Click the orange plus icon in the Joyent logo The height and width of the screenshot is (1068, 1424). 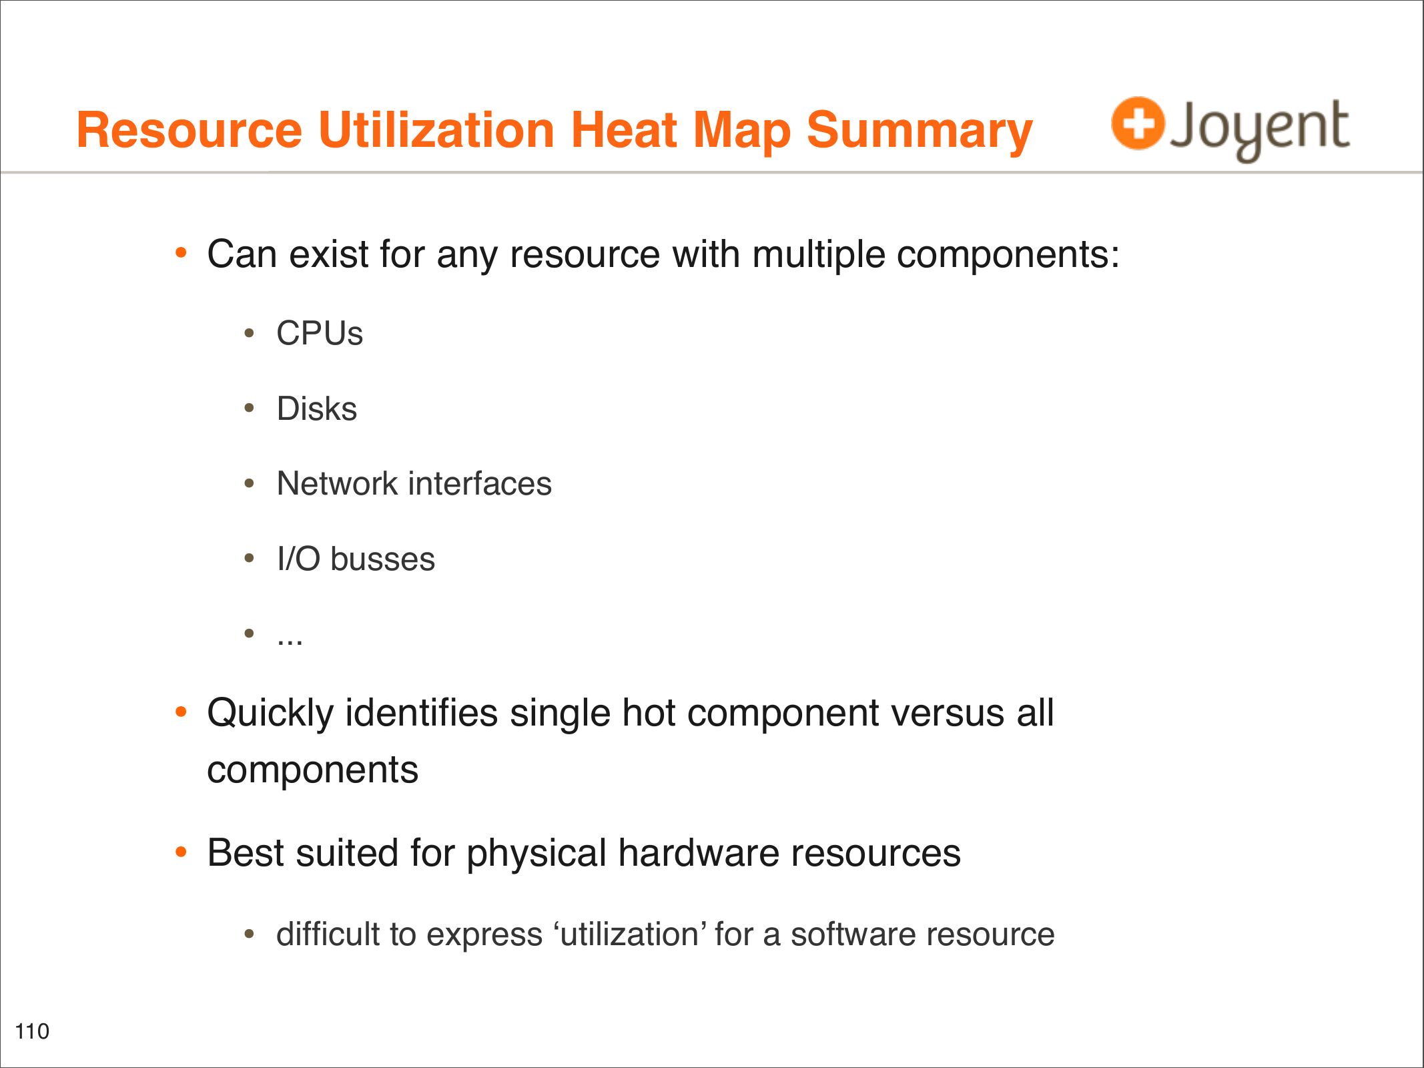pyautogui.click(x=1138, y=123)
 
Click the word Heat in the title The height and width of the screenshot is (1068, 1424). pyautogui.click(x=625, y=129)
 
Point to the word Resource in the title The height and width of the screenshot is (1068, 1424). pyautogui.click(x=190, y=129)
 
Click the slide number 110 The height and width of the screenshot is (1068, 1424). pyautogui.click(x=32, y=1031)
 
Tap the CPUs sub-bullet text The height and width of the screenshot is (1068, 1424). pyautogui.click(x=320, y=333)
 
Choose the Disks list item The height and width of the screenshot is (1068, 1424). pyautogui.click(x=317, y=409)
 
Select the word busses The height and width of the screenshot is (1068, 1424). pyautogui.click(x=382, y=559)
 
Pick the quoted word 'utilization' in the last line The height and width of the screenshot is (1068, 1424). pyautogui.click(x=630, y=934)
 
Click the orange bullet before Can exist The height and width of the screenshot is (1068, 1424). pyautogui.click(x=181, y=253)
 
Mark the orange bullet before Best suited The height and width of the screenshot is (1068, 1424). pyautogui.click(x=181, y=852)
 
